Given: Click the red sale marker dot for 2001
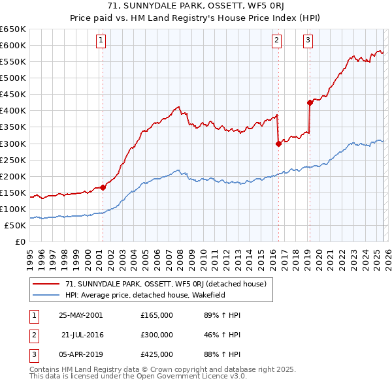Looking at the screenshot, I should click(x=103, y=187).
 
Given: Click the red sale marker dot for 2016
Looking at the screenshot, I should click(x=278, y=144).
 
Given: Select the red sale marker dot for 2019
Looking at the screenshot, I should click(x=310, y=102).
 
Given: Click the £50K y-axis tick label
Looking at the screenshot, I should click(x=14, y=225).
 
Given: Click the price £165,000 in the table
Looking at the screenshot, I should click(x=157, y=315).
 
